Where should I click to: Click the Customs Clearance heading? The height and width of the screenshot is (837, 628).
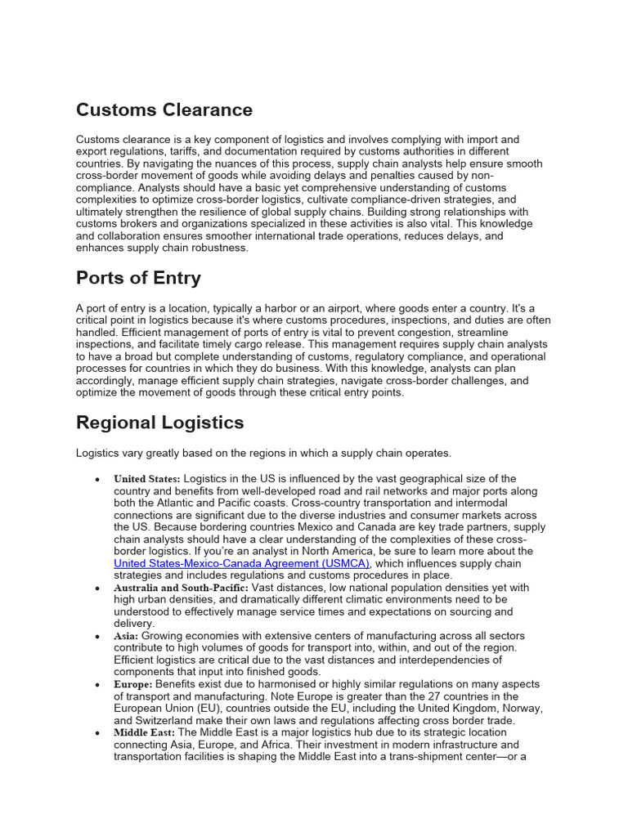pyautogui.click(x=164, y=110)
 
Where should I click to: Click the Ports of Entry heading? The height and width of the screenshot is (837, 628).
pyautogui.click(x=138, y=278)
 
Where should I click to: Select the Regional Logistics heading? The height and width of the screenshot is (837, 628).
pyautogui.click(x=159, y=423)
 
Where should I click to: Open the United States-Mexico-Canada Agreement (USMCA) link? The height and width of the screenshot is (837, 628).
pyautogui.click(x=242, y=563)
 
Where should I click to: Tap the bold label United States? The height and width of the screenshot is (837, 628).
pyautogui.click(x=147, y=479)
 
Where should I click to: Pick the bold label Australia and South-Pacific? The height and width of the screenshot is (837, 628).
pyautogui.click(x=182, y=588)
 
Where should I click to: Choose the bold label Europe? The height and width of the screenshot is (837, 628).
pyautogui.click(x=133, y=684)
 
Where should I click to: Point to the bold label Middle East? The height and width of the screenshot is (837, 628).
pyautogui.click(x=144, y=732)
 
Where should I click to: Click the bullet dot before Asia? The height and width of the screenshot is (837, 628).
pyautogui.click(x=98, y=637)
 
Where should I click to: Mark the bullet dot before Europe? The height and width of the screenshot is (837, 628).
pyautogui.click(x=98, y=685)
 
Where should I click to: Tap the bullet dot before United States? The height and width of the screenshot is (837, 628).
pyautogui.click(x=98, y=479)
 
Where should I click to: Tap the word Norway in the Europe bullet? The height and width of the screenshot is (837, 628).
pyautogui.click(x=523, y=708)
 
